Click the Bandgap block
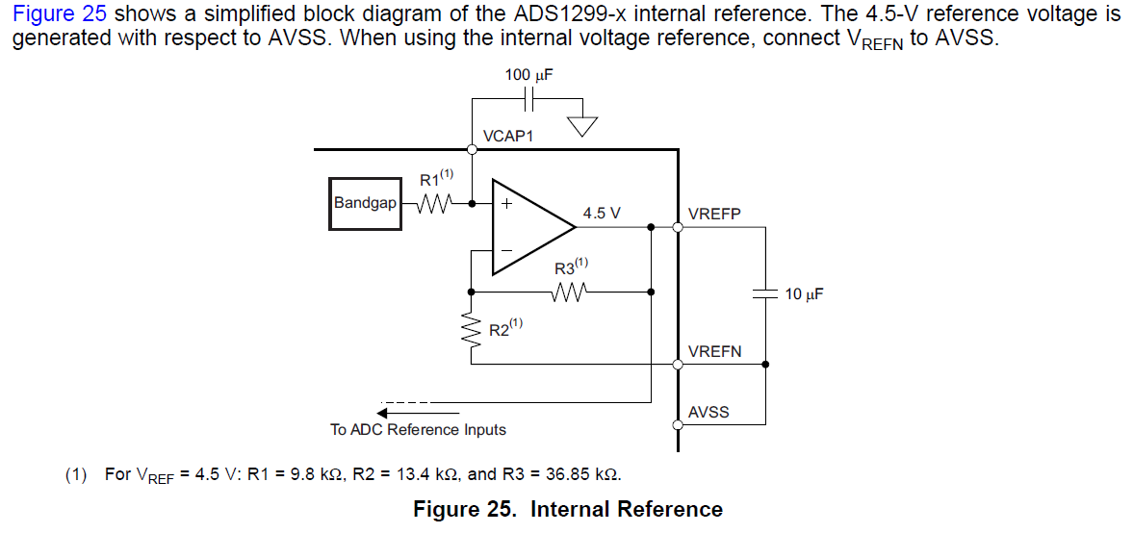click(365, 203)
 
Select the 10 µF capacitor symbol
click(765, 293)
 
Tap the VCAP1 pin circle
click(472, 149)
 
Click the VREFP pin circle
click(678, 228)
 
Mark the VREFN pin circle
click(678, 365)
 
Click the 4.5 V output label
click(602, 214)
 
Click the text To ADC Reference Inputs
click(418, 430)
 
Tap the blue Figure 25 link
click(59, 15)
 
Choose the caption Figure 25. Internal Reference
click(567, 509)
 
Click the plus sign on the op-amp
click(504, 204)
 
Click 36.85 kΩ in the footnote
click(580, 474)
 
